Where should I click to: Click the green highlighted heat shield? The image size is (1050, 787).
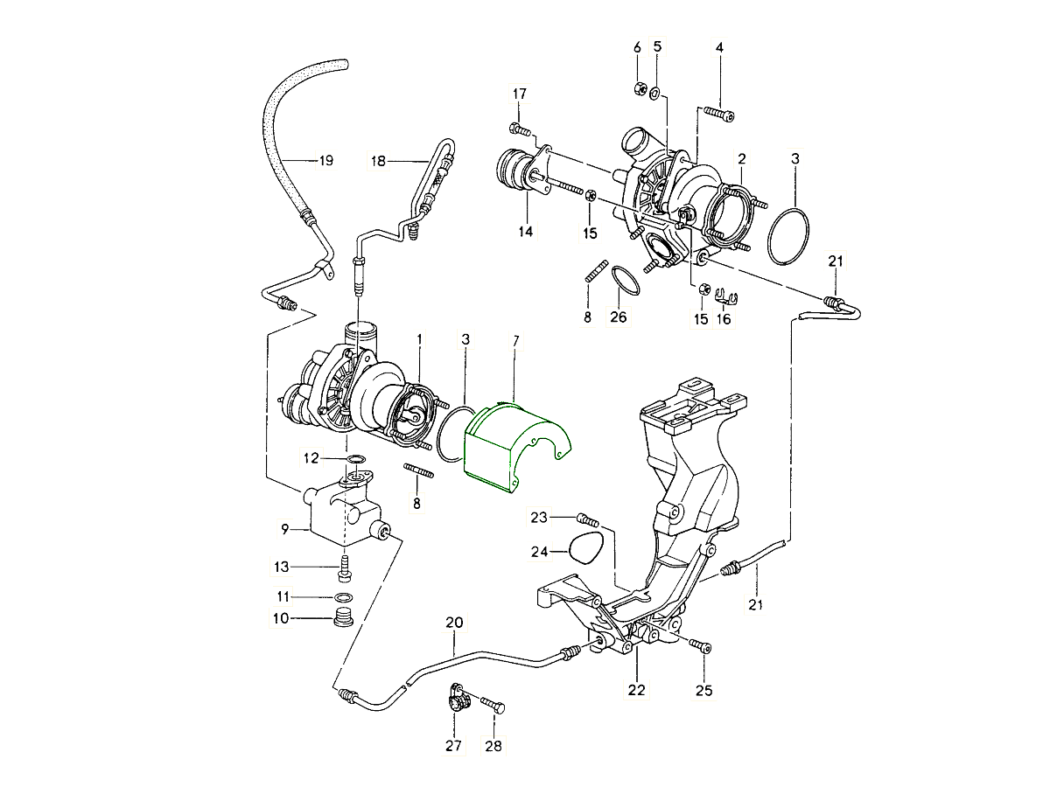(x=512, y=446)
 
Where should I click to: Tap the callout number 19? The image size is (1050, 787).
(x=325, y=160)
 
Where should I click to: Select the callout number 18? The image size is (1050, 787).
(x=378, y=161)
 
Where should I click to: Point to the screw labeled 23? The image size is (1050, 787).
(x=588, y=520)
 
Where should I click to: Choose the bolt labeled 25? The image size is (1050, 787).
(x=701, y=646)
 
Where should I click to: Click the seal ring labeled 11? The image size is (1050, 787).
(x=345, y=598)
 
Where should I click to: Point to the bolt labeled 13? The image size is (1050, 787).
(x=344, y=568)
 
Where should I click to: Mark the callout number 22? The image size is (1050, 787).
(x=636, y=690)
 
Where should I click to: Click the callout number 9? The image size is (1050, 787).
(x=284, y=528)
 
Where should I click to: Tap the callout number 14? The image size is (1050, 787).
(x=525, y=232)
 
